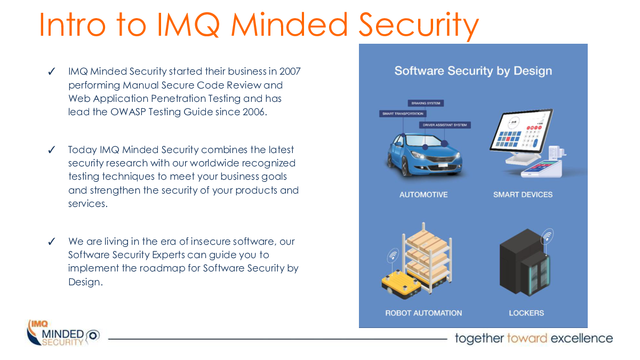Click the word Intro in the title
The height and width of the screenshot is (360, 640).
[73, 25]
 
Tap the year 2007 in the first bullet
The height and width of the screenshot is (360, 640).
[290, 71]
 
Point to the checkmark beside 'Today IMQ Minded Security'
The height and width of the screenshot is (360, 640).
[52, 149]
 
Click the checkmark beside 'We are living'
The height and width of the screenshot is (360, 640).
[52, 242]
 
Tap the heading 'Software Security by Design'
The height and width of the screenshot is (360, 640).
[473, 71]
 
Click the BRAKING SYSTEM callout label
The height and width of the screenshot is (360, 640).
[426, 103]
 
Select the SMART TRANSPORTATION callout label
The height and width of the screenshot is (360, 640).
[403, 114]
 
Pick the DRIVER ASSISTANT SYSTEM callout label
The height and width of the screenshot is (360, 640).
[445, 125]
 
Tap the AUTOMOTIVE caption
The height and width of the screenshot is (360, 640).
[423, 195]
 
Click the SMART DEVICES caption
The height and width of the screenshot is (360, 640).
[523, 195]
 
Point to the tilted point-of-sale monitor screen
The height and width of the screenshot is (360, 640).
[521, 130]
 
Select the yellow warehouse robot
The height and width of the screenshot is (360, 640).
[401, 284]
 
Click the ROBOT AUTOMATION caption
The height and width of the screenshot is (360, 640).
[423, 313]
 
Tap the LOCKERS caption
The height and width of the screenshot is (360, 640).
[526, 313]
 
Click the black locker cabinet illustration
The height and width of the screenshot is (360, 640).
[525, 262]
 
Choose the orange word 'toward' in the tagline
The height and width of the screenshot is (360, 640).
[527, 338]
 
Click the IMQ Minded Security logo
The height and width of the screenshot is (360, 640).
[63, 333]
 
